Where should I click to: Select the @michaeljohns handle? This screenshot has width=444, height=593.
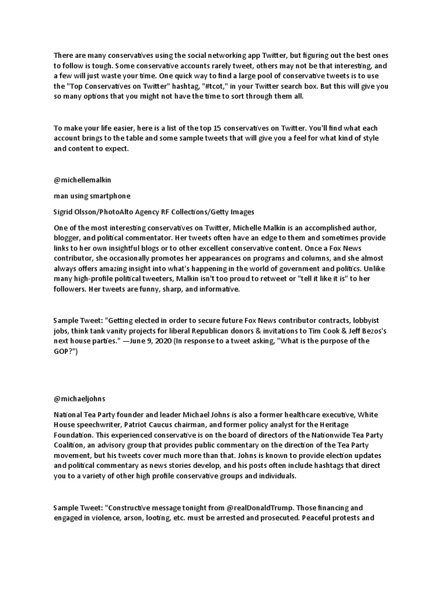tap(79, 398)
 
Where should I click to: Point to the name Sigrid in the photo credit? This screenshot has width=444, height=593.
tap(64, 212)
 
